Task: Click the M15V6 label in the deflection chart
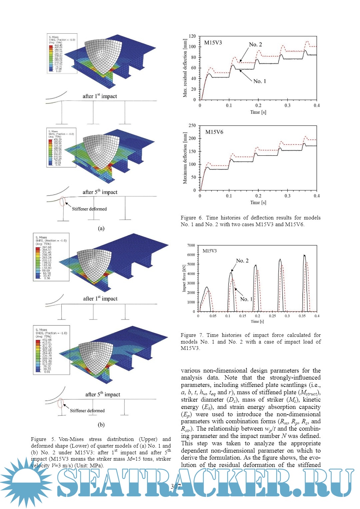pos(214,132)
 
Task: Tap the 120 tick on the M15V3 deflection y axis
pos(192,36)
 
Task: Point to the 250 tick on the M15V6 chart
pos(192,125)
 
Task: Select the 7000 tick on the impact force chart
pos(191,245)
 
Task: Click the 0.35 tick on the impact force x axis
pos(302,316)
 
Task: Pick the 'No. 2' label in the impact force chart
pos(242,261)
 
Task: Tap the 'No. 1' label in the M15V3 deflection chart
pos(260,81)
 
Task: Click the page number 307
pos(176,486)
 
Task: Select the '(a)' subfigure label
pos(101,228)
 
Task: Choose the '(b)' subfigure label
pos(101,425)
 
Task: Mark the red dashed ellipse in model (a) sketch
pos(62,201)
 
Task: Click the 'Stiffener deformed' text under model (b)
pos(87,411)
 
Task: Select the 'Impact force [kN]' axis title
pos(184,279)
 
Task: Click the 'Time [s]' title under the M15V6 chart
pos(258,202)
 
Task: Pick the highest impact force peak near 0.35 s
pos(304,256)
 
